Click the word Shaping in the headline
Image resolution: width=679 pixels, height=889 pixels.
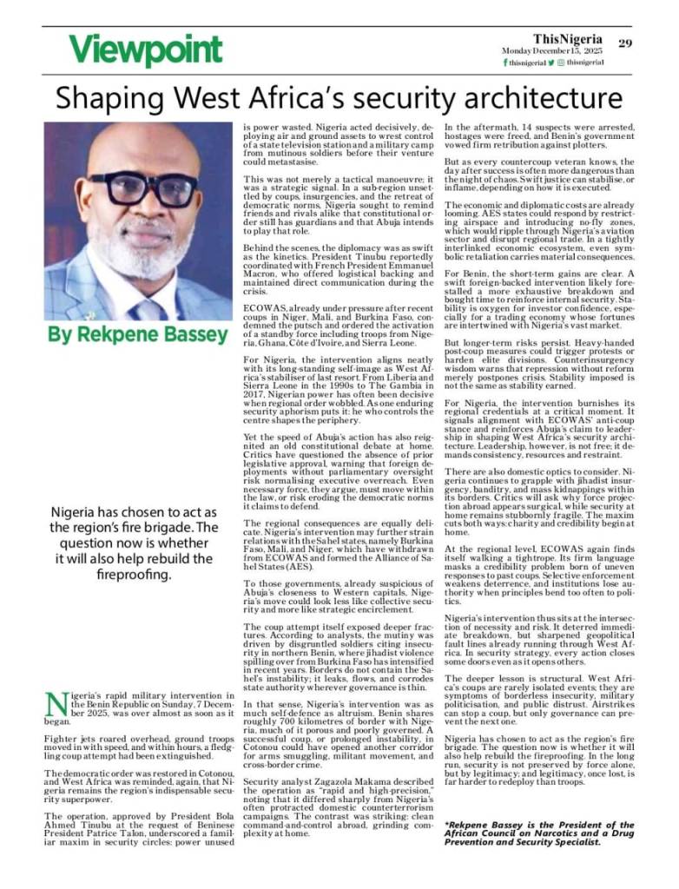tap(102, 96)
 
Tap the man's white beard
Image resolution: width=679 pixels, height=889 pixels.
tap(139, 247)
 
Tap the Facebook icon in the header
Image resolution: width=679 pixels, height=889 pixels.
tap(505, 63)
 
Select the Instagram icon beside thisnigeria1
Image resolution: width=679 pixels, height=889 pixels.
tap(561, 63)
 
